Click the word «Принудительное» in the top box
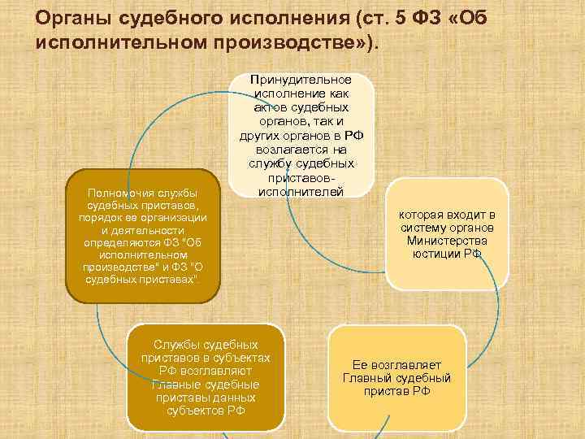coord(301,80)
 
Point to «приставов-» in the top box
coord(301,179)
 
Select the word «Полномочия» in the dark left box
coord(121,193)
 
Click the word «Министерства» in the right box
coord(447,241)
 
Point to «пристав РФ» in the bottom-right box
coord(396,391)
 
